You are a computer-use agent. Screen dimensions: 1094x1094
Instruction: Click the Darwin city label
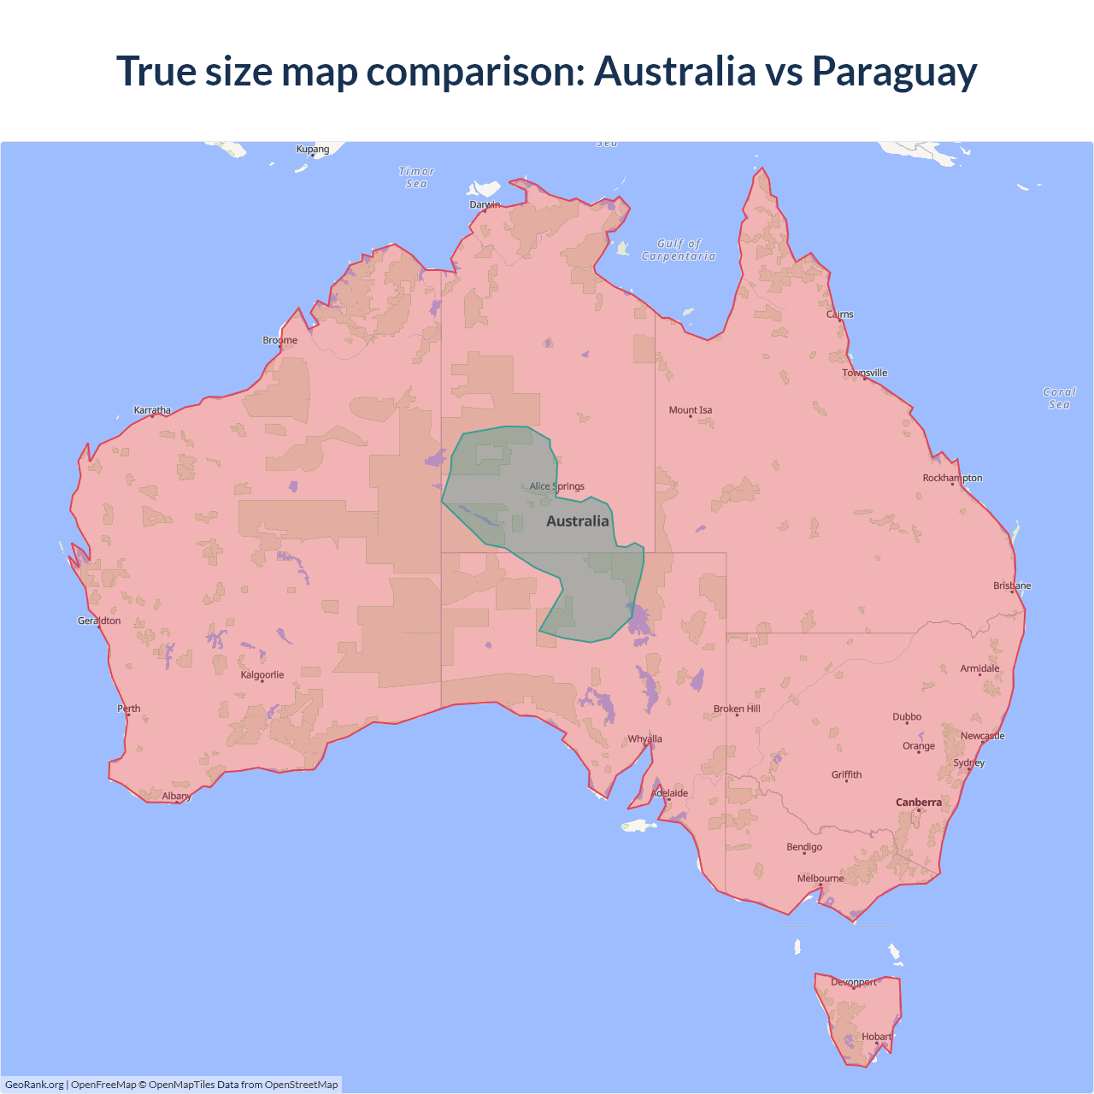click(x=485, y=204)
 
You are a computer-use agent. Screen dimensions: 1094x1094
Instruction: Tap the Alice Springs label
click(x=556, y=486)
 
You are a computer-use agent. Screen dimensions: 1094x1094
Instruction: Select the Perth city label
click(x=129, y=709)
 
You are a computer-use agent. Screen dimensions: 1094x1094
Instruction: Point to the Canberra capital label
click(x=918, y=803)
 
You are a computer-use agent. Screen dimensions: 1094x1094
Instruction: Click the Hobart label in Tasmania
click(x=876, y=1037)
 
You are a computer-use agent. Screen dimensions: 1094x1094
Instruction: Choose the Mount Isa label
click(x=690, y=410)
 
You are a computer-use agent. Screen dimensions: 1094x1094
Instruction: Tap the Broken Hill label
click(x=737, y=709)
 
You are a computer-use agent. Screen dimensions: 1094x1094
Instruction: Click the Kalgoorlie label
click(x=262, y=675)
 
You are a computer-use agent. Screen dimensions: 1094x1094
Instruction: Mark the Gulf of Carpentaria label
click(x=679, y=250)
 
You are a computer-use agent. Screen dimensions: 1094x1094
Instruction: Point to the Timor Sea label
click(x=416, y=178)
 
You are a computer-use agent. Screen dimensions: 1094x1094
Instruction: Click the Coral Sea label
click(x=1059, y=398)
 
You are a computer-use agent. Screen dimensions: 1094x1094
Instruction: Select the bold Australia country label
click(x=578, y=521)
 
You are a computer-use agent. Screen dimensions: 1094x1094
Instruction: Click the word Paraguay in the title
click(x=894, y=71)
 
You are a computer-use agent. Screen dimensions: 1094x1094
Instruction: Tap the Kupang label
click(x=313, y=150)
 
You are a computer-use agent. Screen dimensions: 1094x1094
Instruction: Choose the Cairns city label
click(x=839, y=315)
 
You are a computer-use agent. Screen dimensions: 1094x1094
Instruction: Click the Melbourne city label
click(x=820, y=879)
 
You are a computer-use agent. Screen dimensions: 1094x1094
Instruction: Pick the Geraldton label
click(x=99, y=621)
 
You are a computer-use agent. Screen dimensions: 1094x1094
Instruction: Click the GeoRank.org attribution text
click(x=34, y=1085)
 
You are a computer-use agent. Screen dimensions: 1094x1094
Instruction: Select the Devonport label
click(x=854, y=982)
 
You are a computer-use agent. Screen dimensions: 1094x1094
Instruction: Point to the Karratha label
click(x=152, y=410)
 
